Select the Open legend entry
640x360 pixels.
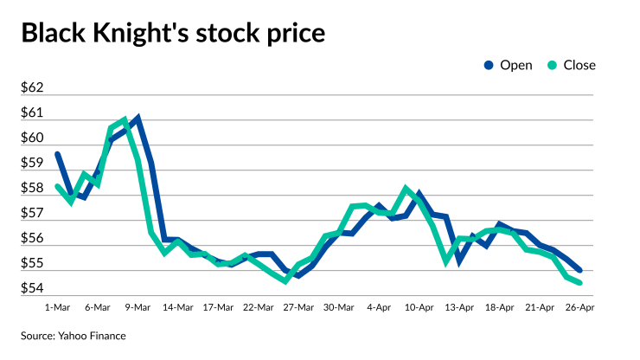[x=509, y=65]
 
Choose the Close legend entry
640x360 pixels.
[x=572, y=65]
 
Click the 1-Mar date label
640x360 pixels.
[x=57, y=306]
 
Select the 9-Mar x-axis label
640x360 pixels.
[x=138, y=306]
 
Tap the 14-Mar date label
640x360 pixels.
[x=178, y=306]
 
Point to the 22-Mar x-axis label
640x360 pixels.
[x=259, y=306]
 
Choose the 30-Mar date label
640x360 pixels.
[x=339, y=306]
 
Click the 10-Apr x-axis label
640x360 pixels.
[x=420, y=306]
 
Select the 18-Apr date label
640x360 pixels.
[x=500, y=306]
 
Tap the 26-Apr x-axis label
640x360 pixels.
[x=580, y=306]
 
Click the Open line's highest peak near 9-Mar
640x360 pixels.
[x=138, y=118]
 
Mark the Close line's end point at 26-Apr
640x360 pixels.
[x=579, y=282]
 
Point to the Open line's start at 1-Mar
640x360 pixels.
[x=57, y=154]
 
